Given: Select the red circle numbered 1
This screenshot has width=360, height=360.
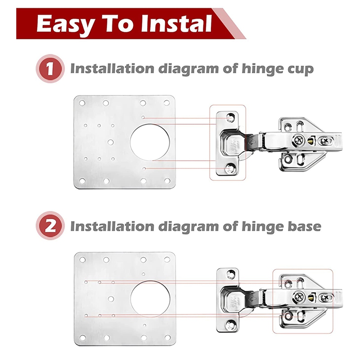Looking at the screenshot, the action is (x=50, y=69).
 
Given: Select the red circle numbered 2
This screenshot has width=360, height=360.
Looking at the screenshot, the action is (x=50, y=226).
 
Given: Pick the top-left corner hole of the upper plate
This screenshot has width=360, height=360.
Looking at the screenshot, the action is (x=82, y=103).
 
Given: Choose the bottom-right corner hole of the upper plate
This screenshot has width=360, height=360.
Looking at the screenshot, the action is (x=167, y=181).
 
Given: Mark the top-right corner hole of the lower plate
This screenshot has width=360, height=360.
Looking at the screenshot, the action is (x=167, y=260).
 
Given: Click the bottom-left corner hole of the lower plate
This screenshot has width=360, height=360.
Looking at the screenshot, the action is (x=82, y=337).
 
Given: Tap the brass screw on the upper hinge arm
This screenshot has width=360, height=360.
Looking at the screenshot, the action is (x=310, y=140).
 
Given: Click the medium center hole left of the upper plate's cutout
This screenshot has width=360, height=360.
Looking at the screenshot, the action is (x=110, y=142).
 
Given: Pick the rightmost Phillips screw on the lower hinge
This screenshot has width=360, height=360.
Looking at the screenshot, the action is (x=325, y=298).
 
